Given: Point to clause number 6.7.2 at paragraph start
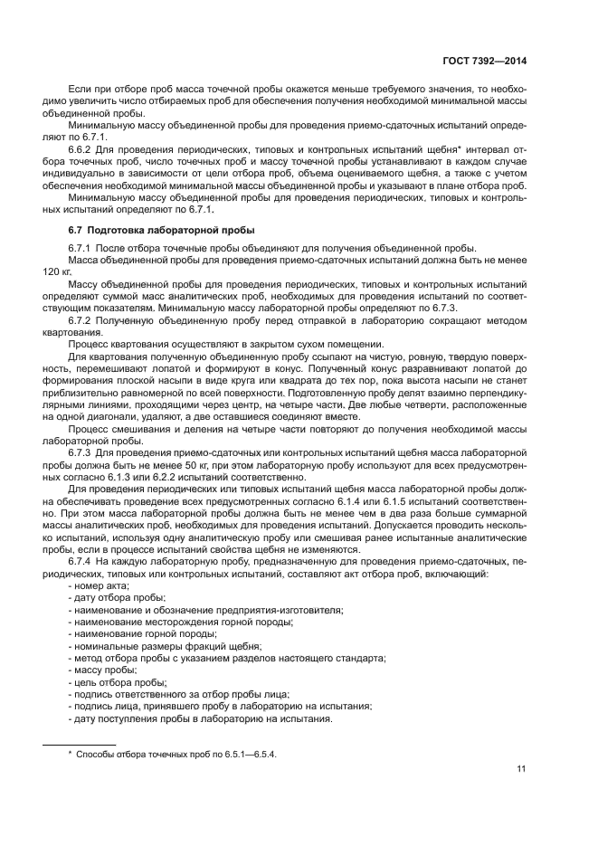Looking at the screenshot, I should coord(82,321).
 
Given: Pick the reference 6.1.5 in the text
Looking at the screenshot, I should coord(406,500).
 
